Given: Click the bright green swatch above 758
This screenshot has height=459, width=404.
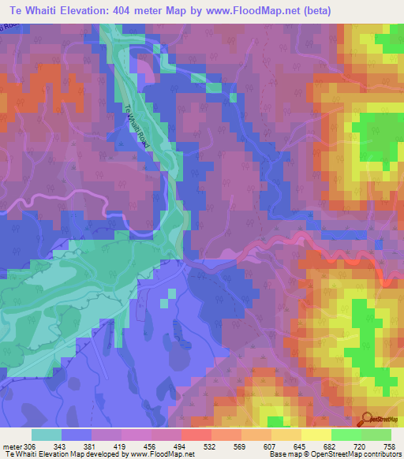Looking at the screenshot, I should [376, 435].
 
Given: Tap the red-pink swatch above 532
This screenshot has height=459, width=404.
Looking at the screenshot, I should [196, 435].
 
